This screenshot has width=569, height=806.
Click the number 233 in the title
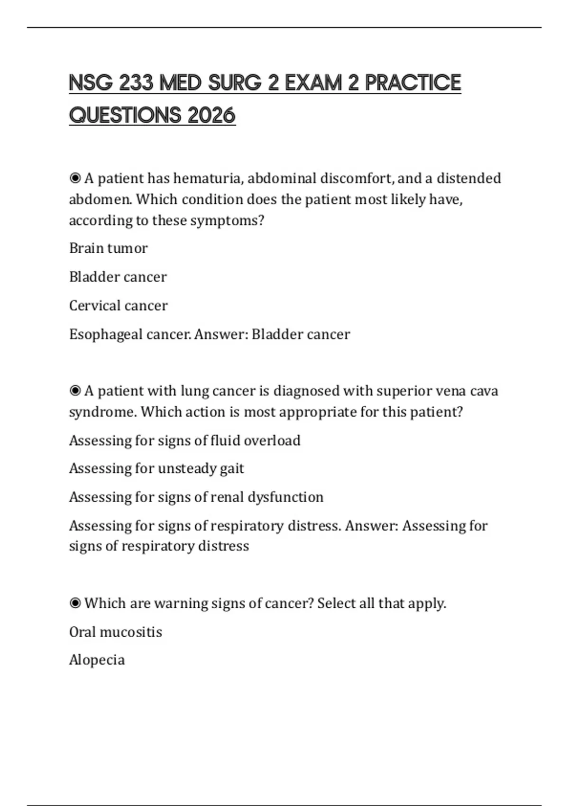click(x=136, y=83)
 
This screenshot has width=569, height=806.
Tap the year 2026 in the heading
click(x=211, y=115)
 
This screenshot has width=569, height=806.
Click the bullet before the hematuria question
click(x=75, y=178)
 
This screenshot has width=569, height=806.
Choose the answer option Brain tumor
click(x=108, y=248)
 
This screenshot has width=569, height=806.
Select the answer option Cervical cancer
click(x=118, y=305)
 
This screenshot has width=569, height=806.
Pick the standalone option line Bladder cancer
click(x=118, y=277)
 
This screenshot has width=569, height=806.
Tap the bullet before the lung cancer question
click(x=75, y=391)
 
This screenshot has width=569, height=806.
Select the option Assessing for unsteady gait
click(x=156, y=468)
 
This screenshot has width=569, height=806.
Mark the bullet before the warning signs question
click(x=75, y=603)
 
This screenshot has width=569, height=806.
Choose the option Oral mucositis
click(x=115, y=632)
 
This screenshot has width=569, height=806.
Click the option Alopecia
click(x=97, y=659)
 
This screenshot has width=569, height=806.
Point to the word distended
click(x=468, y=178)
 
